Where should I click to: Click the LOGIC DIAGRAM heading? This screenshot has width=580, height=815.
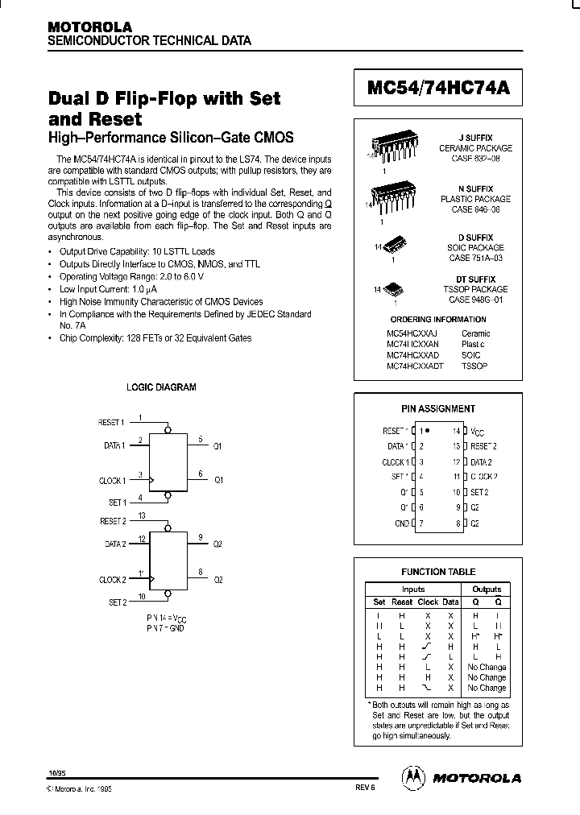161,387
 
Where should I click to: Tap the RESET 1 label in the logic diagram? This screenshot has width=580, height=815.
111,422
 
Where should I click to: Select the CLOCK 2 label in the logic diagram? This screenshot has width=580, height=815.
112,580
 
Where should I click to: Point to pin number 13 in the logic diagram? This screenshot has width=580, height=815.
142,515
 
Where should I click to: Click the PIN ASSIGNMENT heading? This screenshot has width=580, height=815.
438,408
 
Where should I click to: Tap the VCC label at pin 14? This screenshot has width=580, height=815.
478,432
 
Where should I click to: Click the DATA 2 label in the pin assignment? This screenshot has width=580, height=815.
481,462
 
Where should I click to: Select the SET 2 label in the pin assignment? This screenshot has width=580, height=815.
479,492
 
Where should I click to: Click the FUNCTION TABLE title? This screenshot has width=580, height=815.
438,572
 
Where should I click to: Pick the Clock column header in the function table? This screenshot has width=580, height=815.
428,602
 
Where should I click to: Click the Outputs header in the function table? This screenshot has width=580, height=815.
487,589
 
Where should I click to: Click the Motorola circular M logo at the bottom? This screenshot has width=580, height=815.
412,776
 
